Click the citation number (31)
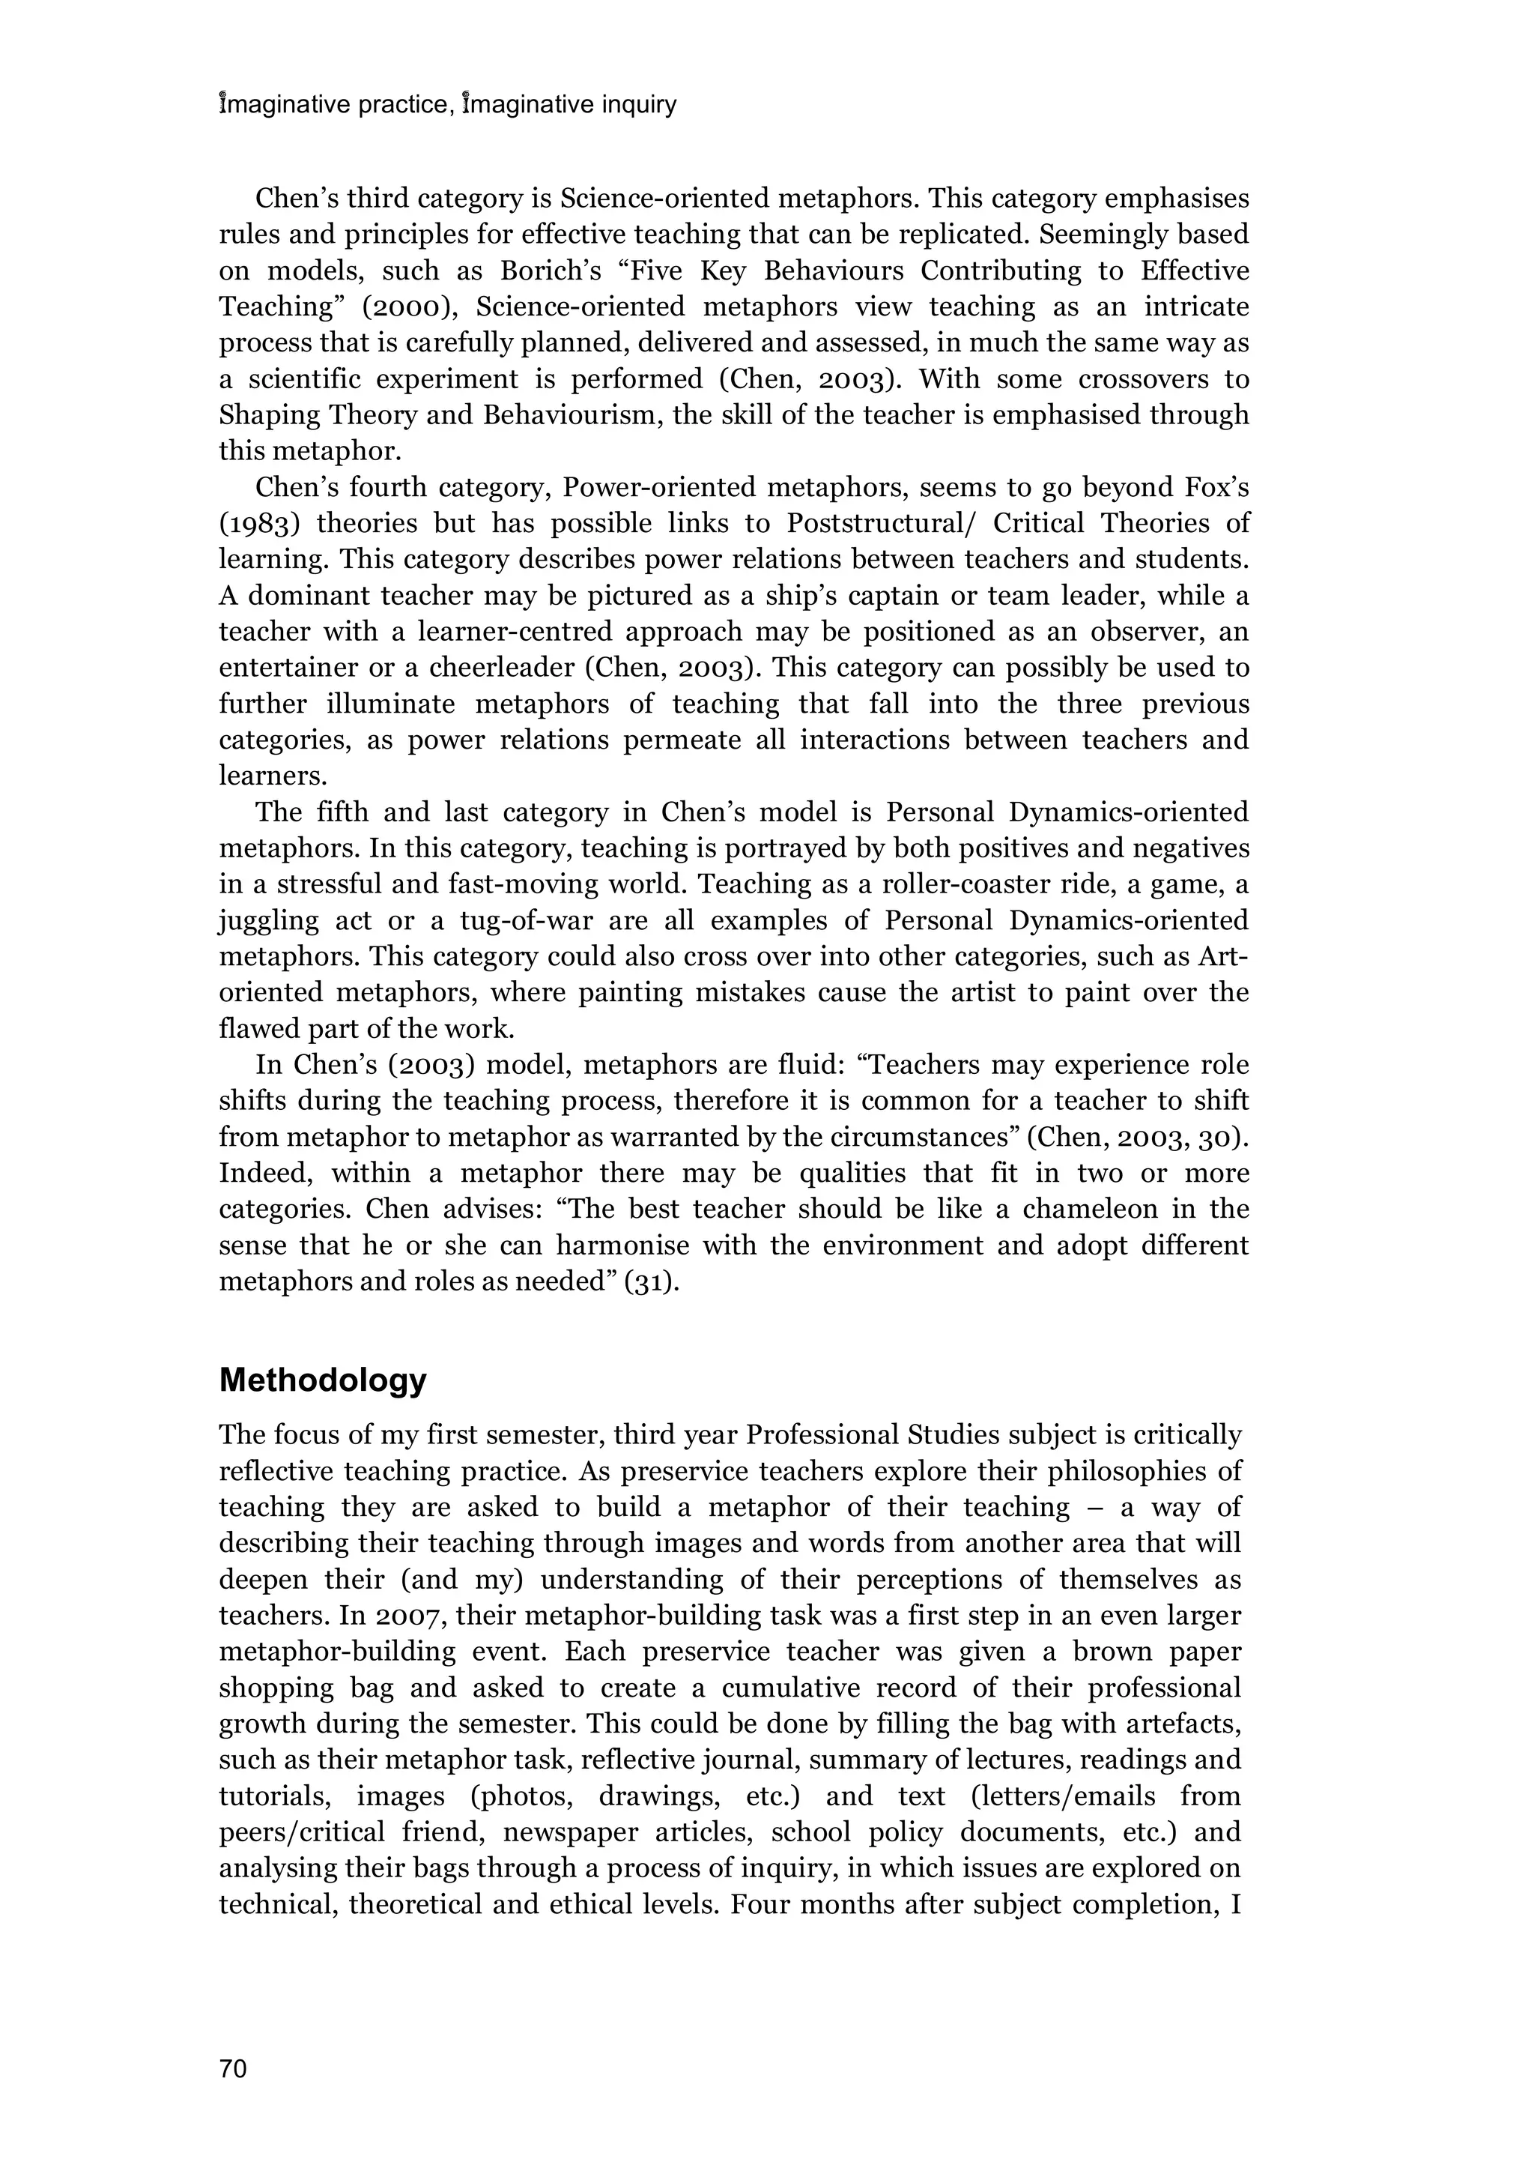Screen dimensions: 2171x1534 [651, 1282]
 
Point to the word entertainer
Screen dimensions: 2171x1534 [288, 668]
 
